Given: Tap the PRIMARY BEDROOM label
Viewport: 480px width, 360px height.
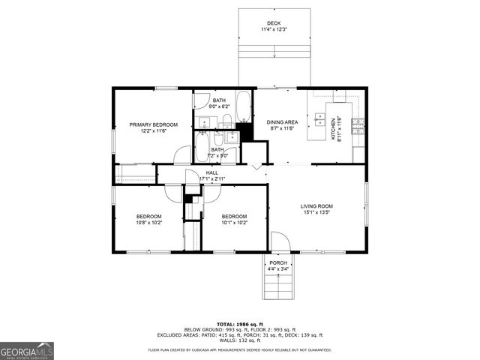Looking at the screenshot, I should click(153, 124).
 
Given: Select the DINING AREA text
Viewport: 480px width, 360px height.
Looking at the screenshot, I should click(282, 122).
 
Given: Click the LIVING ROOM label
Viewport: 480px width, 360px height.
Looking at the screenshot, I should click(316, 206).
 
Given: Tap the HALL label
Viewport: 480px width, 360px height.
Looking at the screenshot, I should click(211, 173).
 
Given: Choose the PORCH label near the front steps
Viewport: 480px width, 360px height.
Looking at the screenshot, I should click(277, 262).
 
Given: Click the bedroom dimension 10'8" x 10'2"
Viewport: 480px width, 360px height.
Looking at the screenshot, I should click(148, 223).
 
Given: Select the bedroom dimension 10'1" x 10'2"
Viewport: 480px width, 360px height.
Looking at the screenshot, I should click(234, 223).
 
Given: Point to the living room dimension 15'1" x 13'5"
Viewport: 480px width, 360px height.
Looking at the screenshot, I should click(316, 213).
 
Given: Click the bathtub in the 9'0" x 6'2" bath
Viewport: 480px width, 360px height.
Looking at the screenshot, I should click(244, 106).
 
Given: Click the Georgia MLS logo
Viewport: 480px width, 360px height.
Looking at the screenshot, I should click(27, 350).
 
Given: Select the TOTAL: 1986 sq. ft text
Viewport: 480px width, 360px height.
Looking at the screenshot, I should click(239, 323).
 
